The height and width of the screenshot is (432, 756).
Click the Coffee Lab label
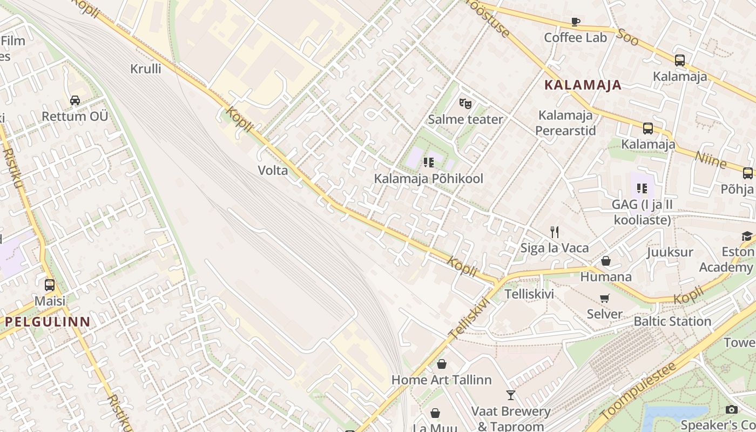click(575, 37)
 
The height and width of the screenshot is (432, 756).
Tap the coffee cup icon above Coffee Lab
click(576, 22)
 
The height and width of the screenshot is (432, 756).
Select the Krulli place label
click(146, 69)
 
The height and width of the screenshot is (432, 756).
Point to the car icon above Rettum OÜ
click(75, 100)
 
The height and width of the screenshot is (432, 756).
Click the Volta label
click(273, 171)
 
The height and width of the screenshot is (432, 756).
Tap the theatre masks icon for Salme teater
click(465, 103)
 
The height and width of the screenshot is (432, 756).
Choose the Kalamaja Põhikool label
click(429, 178)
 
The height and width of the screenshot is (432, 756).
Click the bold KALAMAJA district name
click(583, 85)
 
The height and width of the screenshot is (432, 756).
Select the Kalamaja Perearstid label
click(565, 123)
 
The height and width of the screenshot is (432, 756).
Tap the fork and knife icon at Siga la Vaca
click(554, 232)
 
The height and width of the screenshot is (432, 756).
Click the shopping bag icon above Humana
click(606, 261)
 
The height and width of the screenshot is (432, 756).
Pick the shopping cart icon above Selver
click(605, 299)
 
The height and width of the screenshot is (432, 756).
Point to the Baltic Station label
click(672, 321)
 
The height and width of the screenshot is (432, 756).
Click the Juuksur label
click(670, 252)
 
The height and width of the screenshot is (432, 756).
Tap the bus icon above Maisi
click(50, 285)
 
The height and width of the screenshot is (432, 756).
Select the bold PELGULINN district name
click(48, 322)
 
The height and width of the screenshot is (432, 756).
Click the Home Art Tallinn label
click(441, 380)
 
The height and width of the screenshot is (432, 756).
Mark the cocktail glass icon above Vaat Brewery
click(510, 395)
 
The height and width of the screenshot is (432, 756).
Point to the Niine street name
click(711, 160)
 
